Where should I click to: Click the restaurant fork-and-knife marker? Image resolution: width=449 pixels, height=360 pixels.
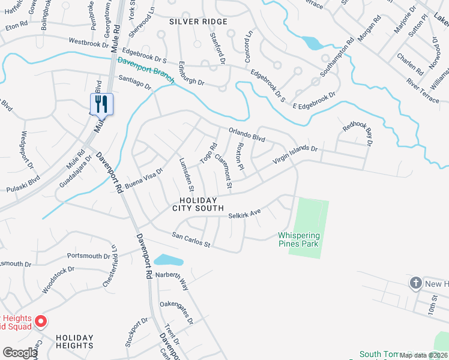pos(101,104)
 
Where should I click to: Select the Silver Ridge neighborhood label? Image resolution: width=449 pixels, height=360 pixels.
pos(198,22)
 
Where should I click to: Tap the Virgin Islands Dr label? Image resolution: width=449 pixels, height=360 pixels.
pos(295,154)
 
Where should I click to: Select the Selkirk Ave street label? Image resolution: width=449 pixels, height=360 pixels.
pos(244,214)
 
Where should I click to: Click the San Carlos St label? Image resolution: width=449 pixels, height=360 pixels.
pos(190,239)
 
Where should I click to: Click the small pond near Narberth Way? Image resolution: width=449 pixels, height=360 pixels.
pos(168,260)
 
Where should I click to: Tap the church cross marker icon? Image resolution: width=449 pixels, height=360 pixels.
pos(416,283)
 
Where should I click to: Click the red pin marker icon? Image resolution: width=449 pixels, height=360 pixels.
pos(40,322)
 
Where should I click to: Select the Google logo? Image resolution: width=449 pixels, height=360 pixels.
pos(20,353)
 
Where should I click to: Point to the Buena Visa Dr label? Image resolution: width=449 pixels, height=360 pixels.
pos(144,178)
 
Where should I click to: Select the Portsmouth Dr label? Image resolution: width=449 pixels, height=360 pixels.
pos(88,256)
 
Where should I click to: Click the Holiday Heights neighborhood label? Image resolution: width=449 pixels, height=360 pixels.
pos(75,341)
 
